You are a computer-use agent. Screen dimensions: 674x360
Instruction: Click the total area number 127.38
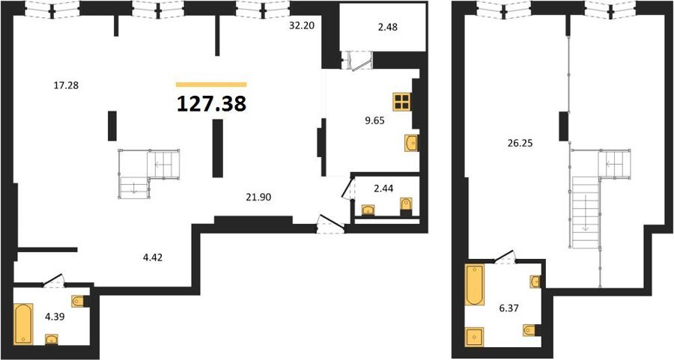pos(211,103)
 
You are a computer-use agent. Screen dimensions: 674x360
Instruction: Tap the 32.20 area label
pos(302,25)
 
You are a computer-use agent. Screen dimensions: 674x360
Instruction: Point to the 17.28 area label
pos(66,85)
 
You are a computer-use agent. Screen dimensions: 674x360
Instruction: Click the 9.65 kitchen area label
pos(374,120)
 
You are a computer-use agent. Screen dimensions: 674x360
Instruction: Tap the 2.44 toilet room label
pos(384,188)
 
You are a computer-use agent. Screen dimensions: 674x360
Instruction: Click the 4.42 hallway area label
pos(153,257)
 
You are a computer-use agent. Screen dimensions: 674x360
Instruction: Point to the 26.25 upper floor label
pos(520,144)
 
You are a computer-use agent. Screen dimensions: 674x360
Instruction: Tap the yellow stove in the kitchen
pos(402,103)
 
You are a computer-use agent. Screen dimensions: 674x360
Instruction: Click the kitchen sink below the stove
pos(411,143)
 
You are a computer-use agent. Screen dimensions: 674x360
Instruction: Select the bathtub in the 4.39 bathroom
pos(23,324)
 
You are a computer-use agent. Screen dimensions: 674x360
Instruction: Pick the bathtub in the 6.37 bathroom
pos(475,285)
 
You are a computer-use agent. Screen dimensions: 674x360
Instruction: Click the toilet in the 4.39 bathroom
pos(78,301)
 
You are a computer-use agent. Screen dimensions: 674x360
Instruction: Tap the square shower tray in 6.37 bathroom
pos(475,337)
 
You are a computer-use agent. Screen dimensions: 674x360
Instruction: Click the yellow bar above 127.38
pos(211,85)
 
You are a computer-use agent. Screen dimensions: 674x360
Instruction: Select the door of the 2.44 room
pos(347,189)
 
